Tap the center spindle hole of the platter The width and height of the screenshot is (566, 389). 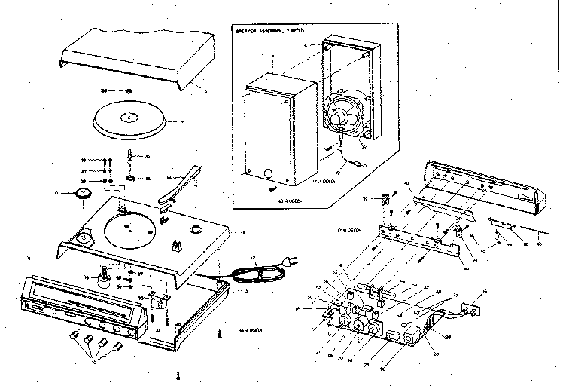click(130, 117)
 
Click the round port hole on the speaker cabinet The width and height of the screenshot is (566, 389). click(269, 175)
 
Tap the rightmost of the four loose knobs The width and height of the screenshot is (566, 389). click(119, 348)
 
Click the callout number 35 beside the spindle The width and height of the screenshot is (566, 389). click(147, 157)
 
